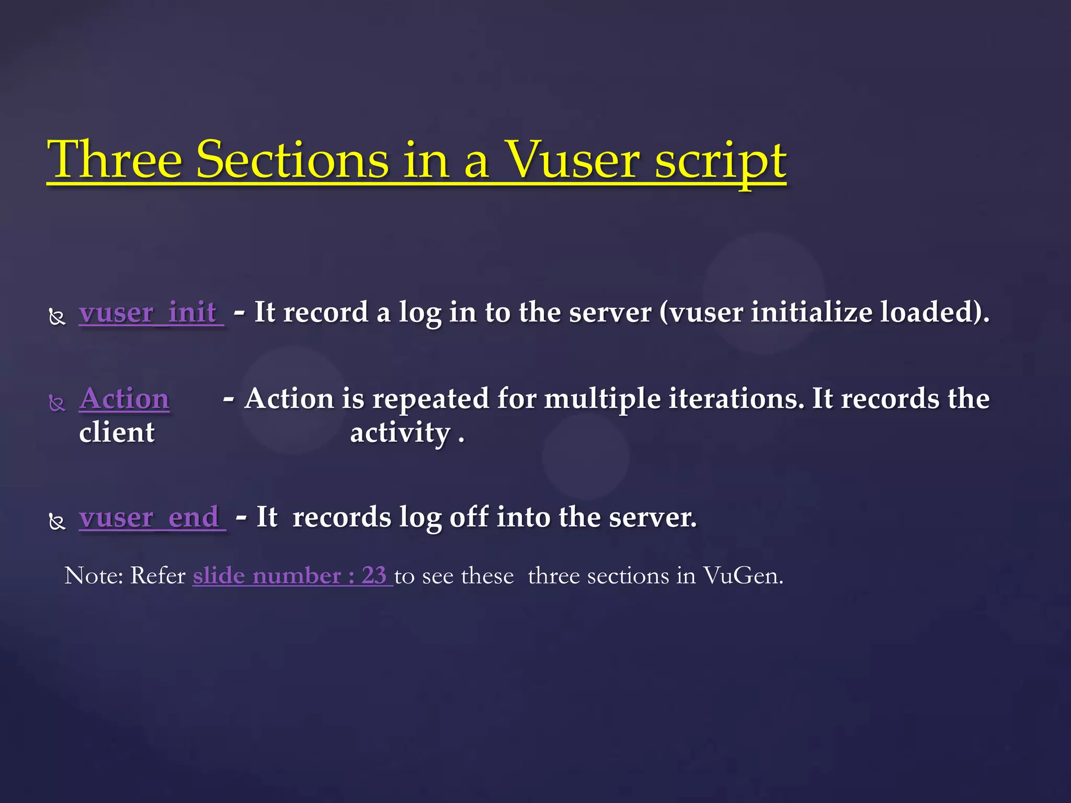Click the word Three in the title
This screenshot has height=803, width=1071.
pyautogui.click(x=114, y=159)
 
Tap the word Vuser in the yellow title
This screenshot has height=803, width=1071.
pyautogui.click(x=573, y=159)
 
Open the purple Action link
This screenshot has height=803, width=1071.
pyautogui.click(x=124, y=399)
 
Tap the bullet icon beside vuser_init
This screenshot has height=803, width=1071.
pyautogui.click(x=57, y=317)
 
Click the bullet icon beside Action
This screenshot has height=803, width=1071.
pyautogui.click(x=57, y=403)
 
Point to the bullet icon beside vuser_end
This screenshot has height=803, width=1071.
pyautogui.click(x=57, y=521)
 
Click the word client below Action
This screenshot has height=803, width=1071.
pyautogui.click(x=117, y=433)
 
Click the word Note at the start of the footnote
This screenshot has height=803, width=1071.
pyautogui.click(x=93, y=576)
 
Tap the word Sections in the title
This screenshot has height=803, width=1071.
pyautogui.click(x=292, y=159)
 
